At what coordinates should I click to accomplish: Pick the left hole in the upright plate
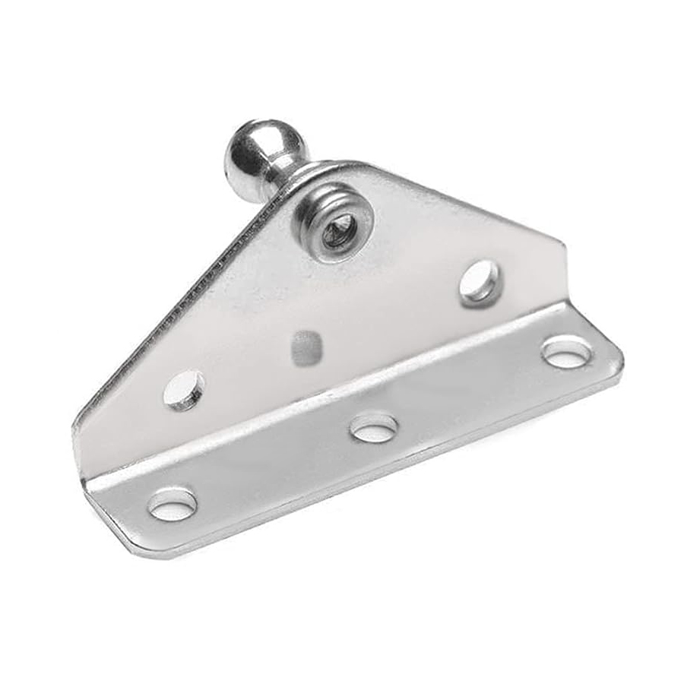coord(185,389)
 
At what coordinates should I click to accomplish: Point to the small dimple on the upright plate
coord(306,347)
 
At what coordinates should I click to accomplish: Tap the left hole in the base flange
coord(173,504)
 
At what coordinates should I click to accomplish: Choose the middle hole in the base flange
coord(374,426)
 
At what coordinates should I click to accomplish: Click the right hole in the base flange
coord(567,351)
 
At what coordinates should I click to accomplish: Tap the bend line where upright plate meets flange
coord(342,395)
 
